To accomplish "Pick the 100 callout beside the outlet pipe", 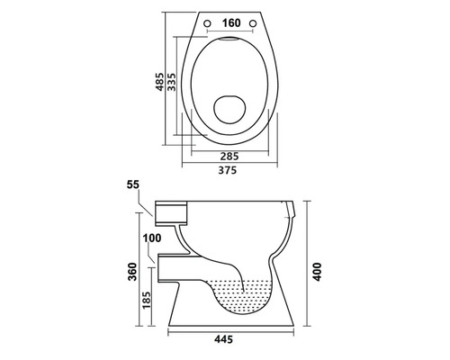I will click(x=150, y=238).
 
